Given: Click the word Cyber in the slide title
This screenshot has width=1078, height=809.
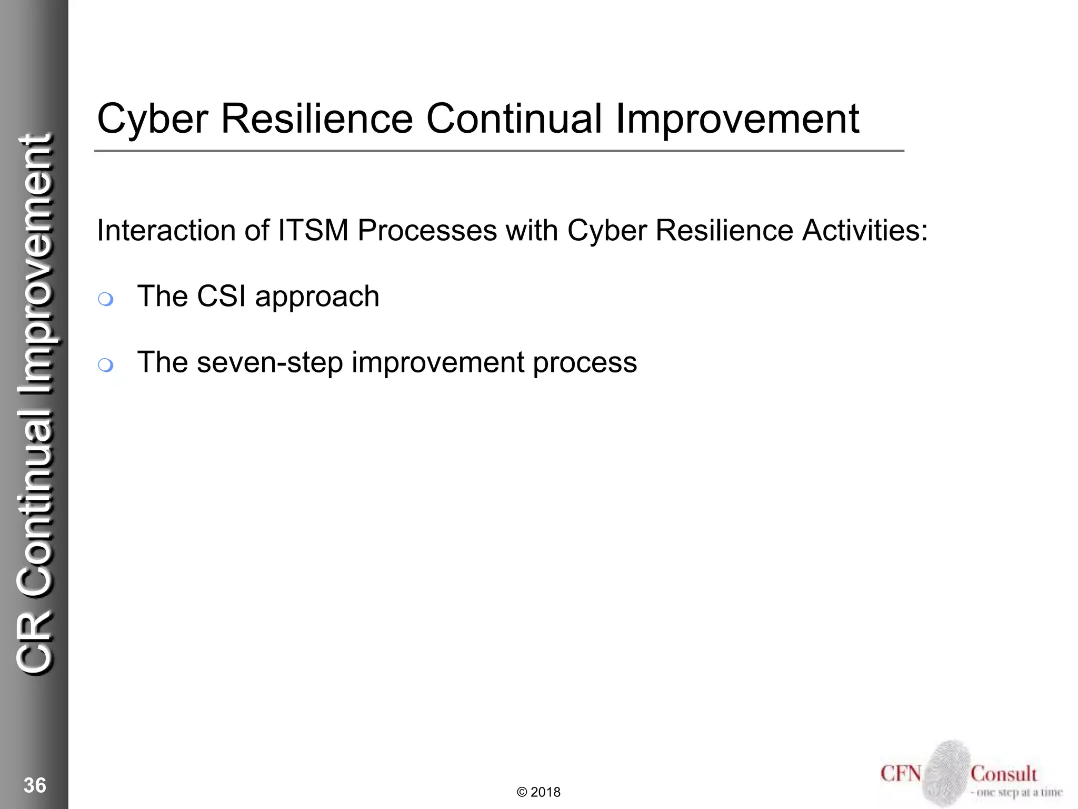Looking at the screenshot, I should coord(153,119).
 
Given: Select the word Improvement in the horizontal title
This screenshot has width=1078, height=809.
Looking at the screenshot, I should coord(737,119).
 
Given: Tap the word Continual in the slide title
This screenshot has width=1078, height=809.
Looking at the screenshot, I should coord(513,119).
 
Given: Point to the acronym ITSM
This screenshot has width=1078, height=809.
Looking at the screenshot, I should coord(313,231).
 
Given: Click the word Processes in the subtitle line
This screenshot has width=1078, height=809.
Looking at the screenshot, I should coord(427,231).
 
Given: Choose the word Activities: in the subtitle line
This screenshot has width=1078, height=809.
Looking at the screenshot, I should coord(865,231).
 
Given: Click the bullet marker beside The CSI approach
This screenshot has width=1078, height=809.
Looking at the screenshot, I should coord(105,299).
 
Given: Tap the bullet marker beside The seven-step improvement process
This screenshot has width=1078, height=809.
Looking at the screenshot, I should coord(105,365).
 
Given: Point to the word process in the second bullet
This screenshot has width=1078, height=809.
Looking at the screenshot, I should coord(585,363).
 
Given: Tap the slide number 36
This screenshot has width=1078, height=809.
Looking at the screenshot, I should coord(35,785).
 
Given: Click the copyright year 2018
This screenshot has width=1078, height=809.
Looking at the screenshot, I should coord(545,792).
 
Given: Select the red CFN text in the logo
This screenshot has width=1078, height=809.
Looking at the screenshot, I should coord(901,774).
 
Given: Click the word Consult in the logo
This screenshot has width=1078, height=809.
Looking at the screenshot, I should coord(1003,774).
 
